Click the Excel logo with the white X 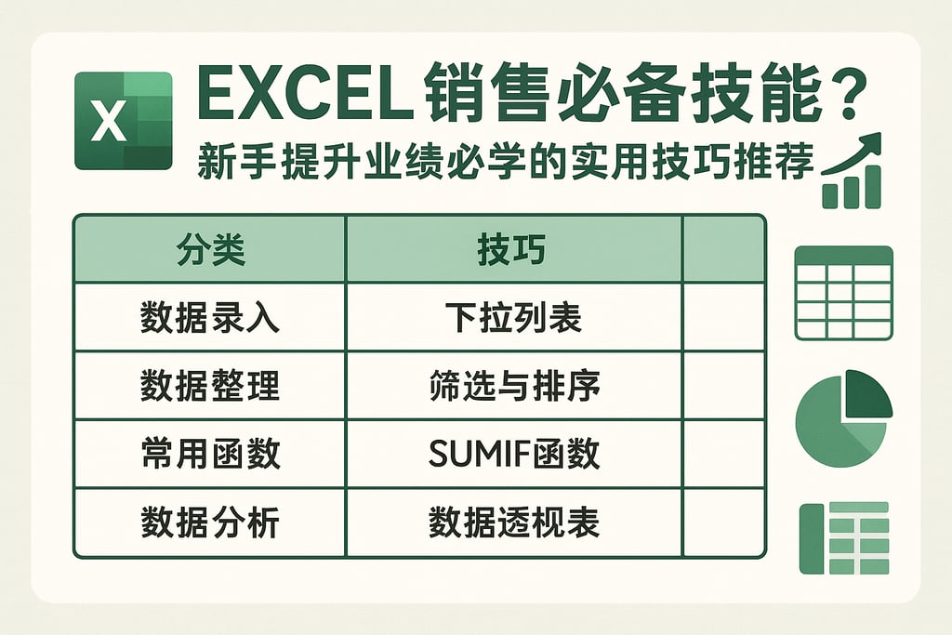[124, 121]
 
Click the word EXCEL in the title [307, 96]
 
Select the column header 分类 [210, 250]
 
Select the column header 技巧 [513, 250]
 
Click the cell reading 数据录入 [210, 318]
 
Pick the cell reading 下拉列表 [513, 318]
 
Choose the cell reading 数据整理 [210, 386]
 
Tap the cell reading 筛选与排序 [513, 386]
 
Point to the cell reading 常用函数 [210, 455]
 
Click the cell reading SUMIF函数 [513, 455]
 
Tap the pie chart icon [841, 419]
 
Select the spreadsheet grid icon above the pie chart [843, 293]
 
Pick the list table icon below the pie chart [843, 538]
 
